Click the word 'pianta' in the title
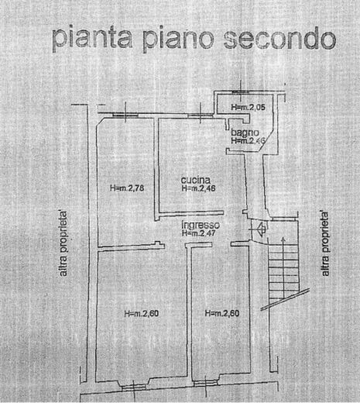[x=92, y=39]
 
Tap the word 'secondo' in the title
[x=280, y=40]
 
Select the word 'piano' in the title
[x=179, y=40]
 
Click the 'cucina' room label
[x=196, y=180]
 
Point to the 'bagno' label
[x=245, y=133]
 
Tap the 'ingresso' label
[x=201, y=225]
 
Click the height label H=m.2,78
[x=127, y=188]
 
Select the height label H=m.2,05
[x=248, y=107]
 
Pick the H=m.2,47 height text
[x=198, y=233]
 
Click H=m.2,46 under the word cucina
[x=198, y=188]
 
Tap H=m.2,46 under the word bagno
[x=248, y=141]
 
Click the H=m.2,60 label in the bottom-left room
[x=142, y=314]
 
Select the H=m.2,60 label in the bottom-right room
[x=222, y=313]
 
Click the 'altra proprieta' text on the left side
[x=63, y=243]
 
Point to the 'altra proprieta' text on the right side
[x=325, y=243]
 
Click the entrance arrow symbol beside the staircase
[x=261, y=229]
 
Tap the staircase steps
[x=283, y=274]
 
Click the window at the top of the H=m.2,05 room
[x=241, y=92]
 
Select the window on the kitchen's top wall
[x=201, y=115]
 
